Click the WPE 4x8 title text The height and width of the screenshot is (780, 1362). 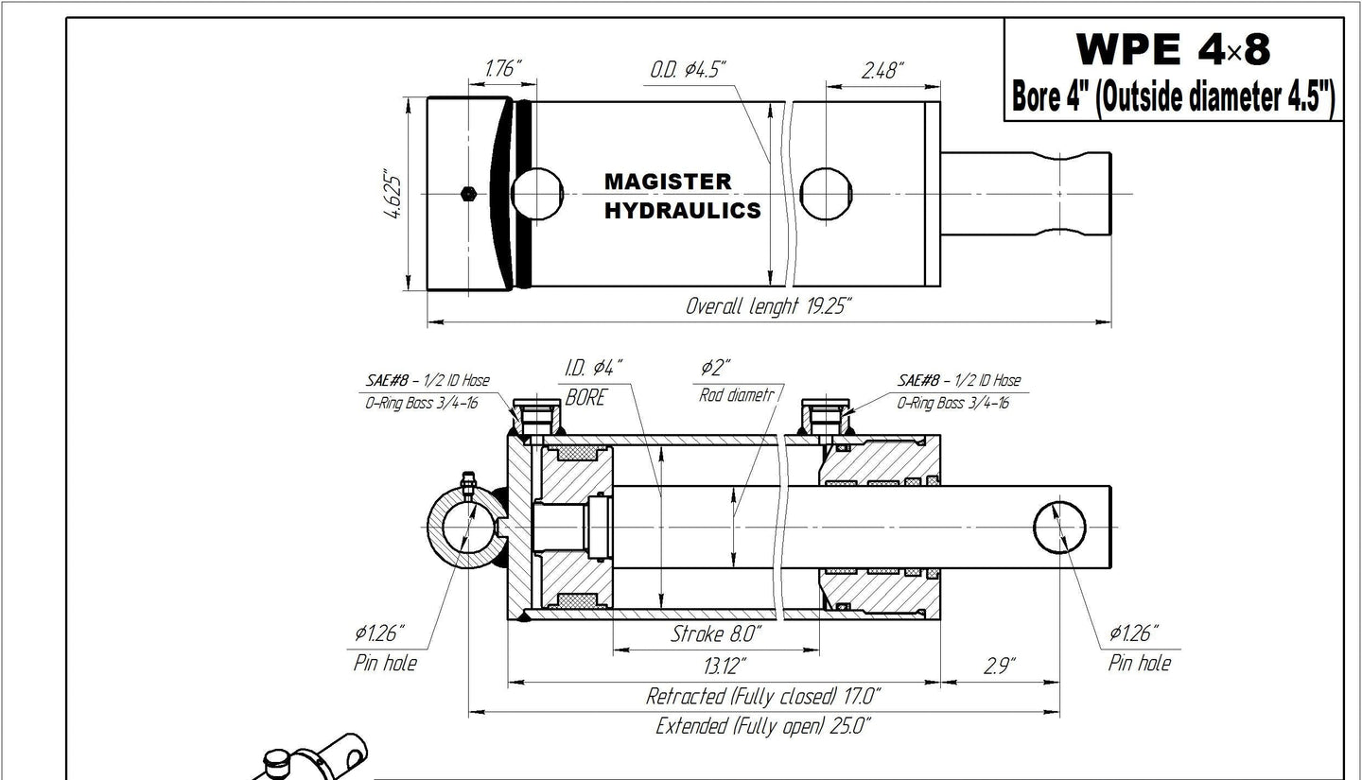coord(1173,49)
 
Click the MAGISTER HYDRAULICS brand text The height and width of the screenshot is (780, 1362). coord(682,196)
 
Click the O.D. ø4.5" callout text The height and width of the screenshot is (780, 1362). coord(688,69)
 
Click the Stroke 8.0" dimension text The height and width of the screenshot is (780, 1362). coord(716,634)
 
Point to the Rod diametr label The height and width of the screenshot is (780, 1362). coord(737,395)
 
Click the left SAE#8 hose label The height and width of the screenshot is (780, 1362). coord(428,380)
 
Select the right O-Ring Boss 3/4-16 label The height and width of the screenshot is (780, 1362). coord(952,403)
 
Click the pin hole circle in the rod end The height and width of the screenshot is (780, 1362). coord(1060,528)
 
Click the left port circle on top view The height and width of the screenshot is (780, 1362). coord(537,194)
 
